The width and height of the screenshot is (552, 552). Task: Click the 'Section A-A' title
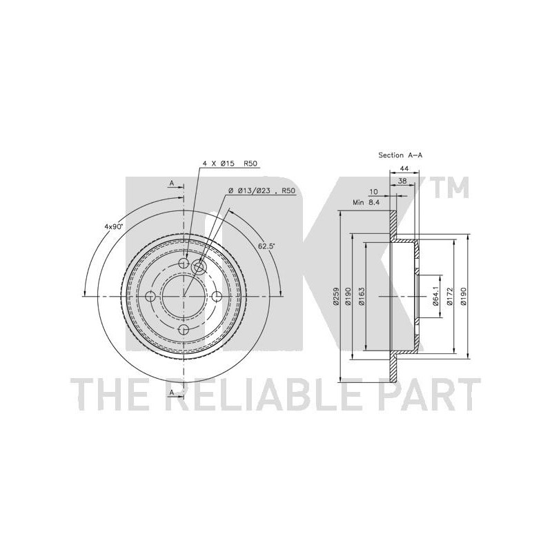coord(400,155)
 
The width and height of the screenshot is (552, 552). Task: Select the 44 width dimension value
coord(404,168)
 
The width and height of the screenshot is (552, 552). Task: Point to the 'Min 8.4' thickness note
coord(366,202)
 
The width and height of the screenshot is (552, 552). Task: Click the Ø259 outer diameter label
coord(336,296)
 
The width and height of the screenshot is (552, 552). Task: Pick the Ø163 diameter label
coord(362,296)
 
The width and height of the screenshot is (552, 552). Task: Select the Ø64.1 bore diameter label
coord(435,296)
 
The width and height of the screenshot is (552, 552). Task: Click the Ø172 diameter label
coord(449,296)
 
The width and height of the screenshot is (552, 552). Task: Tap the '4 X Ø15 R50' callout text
coord(230,164)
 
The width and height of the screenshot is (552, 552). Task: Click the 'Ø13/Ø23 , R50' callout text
coord(262,190)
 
